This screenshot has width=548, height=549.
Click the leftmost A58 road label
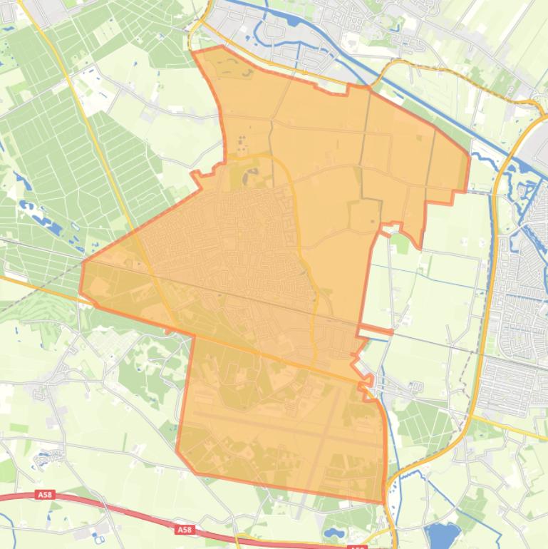tap(44, 493)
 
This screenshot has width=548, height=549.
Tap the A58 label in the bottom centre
tap(185, 530)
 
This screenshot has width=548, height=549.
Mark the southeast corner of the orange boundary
tap(383, 502)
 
